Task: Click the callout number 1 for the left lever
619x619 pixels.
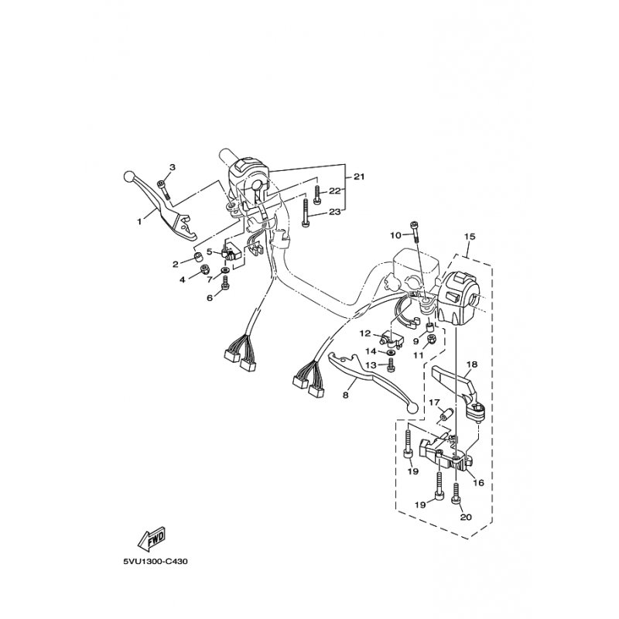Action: pyautogui.click(x=140, y=221)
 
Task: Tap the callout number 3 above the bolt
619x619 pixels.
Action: pyautogui.click(x=173, y=168)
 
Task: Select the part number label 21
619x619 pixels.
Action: pyautogui.click(x=357, y=177)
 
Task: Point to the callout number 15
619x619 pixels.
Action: pyautogui.click(x=468, y=236)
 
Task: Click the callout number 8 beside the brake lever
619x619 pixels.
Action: pyautogui.click(x=346, y=395)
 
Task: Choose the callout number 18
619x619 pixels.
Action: pyautogui.click(x=471, y=364)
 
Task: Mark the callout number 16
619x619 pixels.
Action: pyautogui.click(x=477, y=482)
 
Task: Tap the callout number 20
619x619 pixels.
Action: pyautogui.click(x=465, y=518)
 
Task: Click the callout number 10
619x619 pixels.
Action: pyautogui.click(x=395, y=234)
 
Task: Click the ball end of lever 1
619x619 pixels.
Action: pyautogui.click(x=128, y=177)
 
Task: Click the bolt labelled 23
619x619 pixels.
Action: pyautogui.click(x=306, y=212)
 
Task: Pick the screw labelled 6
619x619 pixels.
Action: pyautogui.click(x=225, y=286)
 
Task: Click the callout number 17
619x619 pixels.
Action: pyautogui.click(x=435, y=402)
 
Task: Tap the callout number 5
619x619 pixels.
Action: pyautogui.click(x=209, y=251)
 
